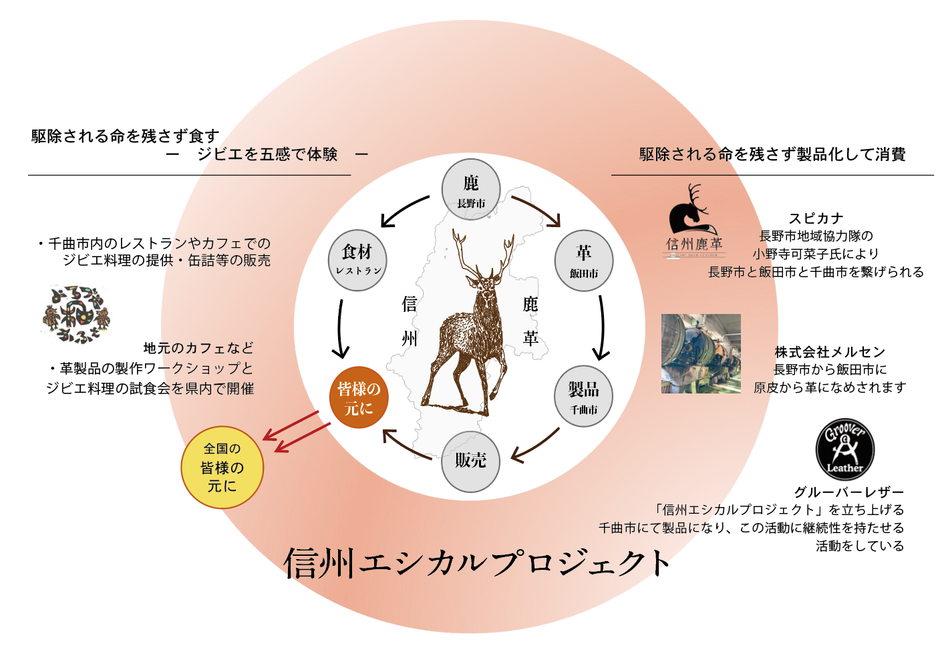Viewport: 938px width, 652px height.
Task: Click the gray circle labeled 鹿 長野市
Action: tap(471, 189)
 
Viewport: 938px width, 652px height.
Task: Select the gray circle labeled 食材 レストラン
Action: tap(357, 261)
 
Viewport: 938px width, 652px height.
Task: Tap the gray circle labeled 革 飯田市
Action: tap(584, 261)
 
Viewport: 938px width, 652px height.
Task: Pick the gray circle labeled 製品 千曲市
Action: tap(583, 396)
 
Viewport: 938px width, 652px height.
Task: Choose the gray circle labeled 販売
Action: tap(471, 462)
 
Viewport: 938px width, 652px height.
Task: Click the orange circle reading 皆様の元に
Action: tap(359, 397)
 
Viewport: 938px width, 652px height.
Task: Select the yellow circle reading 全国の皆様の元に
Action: tap(222, 467)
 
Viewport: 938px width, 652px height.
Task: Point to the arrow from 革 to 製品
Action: tap(602, 327)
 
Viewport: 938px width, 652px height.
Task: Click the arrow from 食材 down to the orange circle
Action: tap(340, 329)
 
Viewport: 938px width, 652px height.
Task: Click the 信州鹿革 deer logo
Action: tap(694, 221)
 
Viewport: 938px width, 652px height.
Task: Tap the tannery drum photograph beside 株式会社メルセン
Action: tap(701, 353)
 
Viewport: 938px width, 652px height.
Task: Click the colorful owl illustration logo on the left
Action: tap(75, 315)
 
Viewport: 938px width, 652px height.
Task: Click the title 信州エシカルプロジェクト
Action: tap(477, 562)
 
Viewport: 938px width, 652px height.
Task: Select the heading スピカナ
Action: tap(816, 218)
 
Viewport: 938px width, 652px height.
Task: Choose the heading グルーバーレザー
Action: tap(848, 492)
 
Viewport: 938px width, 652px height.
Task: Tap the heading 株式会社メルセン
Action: tap(830, 352)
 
